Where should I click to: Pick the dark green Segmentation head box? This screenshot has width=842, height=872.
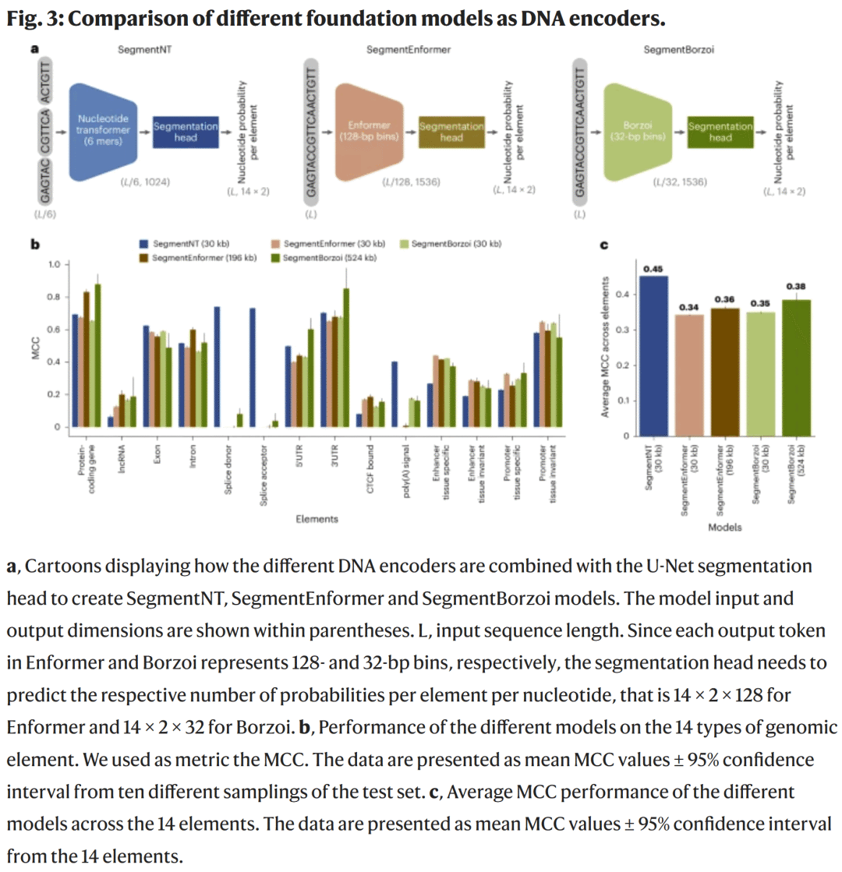click(x=720, y=131)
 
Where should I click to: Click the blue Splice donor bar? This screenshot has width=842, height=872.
click(x=217, y=367)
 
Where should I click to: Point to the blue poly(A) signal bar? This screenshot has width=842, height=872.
click(x=394, y=394)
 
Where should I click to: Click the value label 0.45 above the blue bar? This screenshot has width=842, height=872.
click(x=653, y=270)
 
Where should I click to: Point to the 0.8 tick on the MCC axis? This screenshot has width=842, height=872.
click(x=53, y=297)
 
